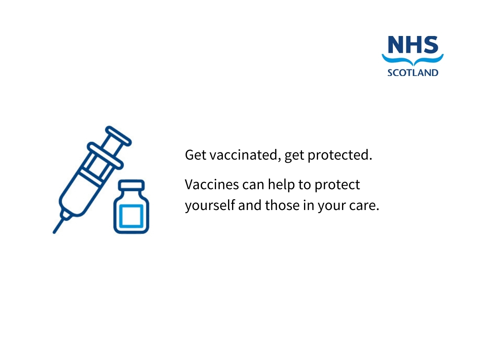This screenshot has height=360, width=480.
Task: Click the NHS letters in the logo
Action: pos(413,45)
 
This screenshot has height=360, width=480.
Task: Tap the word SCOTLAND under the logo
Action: pos(413,73)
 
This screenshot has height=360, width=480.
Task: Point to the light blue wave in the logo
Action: pos(413,60)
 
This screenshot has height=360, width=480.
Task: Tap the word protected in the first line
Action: pos(340,156)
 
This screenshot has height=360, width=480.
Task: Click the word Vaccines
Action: pos(212,184)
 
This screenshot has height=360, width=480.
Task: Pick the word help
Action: pos(281,185)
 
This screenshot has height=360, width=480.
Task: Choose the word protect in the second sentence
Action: pos(337,185)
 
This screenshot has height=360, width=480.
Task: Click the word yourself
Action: pos(210,206)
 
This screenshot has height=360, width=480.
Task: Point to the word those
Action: pos(282,205)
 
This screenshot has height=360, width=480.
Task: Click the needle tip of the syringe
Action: pos(54,232)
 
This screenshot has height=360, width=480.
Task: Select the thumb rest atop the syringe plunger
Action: pos(118,136)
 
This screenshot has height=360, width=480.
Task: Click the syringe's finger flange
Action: pos(105,156)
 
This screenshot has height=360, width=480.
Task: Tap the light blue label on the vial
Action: pos(131,216)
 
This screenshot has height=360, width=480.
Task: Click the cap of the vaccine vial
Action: pos(131,185)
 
